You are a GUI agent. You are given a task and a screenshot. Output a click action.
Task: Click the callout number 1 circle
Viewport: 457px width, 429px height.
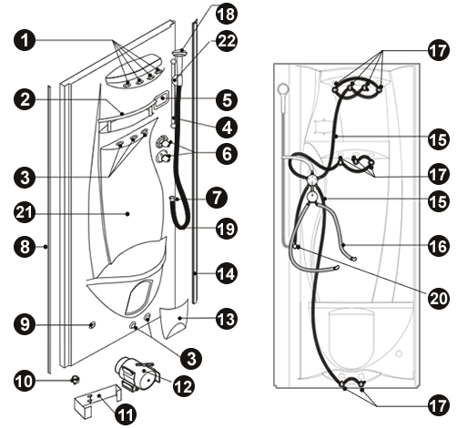pyautogui.click(x=25, y=40)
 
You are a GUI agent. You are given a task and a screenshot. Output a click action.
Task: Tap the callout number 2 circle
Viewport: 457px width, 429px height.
pyautogui.click(x=25, y=99)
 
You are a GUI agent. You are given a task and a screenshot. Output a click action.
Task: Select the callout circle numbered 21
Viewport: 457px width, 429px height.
pyautogui.click(x=25, y=212)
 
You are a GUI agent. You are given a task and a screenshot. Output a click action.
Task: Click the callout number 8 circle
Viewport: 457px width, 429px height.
pyautogui.click(x=25, y=246)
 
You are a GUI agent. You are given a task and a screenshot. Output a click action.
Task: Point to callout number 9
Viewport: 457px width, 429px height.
pyautogui.click(x=25, y=324)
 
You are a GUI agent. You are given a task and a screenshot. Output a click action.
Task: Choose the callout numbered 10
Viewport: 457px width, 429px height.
pyautogui.click(x=25, y=382)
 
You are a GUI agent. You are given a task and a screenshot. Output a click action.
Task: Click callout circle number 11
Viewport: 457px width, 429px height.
pyautogui.click(x=126, y=414)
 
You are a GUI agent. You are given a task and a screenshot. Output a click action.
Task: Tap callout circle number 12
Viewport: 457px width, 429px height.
pyautogui.click(x=184, y=386)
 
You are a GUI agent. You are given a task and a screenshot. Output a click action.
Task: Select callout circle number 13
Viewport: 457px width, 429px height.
pyautogui.click(x=227, y=319)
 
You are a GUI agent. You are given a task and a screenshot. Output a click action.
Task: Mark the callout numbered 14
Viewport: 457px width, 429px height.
pyautogui.click(x=227, y=273)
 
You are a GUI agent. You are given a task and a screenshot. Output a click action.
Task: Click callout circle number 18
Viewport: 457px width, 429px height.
pyautogui.click(x=227, y=15)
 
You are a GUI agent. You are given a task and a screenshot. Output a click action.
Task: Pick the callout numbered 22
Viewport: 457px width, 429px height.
pyautogui.click(x=227, y=41)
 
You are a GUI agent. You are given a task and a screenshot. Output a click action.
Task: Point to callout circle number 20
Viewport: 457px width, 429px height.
pyautogui.click(x=439, y=298)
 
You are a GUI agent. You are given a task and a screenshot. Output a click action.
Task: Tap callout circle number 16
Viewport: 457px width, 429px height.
pyautogui.click(x=439, y=246)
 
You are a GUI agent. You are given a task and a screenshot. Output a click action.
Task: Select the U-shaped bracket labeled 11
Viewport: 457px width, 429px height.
pyautogui.click(x=97, y=400)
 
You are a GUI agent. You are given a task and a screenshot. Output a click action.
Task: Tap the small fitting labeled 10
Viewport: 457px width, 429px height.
pyautogui.click(x=75, y=379)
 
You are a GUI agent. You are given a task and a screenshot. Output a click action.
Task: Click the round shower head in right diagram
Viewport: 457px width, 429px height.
pyautogui.click(x=283, y=88)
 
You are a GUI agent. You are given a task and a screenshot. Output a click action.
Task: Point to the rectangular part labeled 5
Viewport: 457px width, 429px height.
pyautogui.click(x=161, y=99)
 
